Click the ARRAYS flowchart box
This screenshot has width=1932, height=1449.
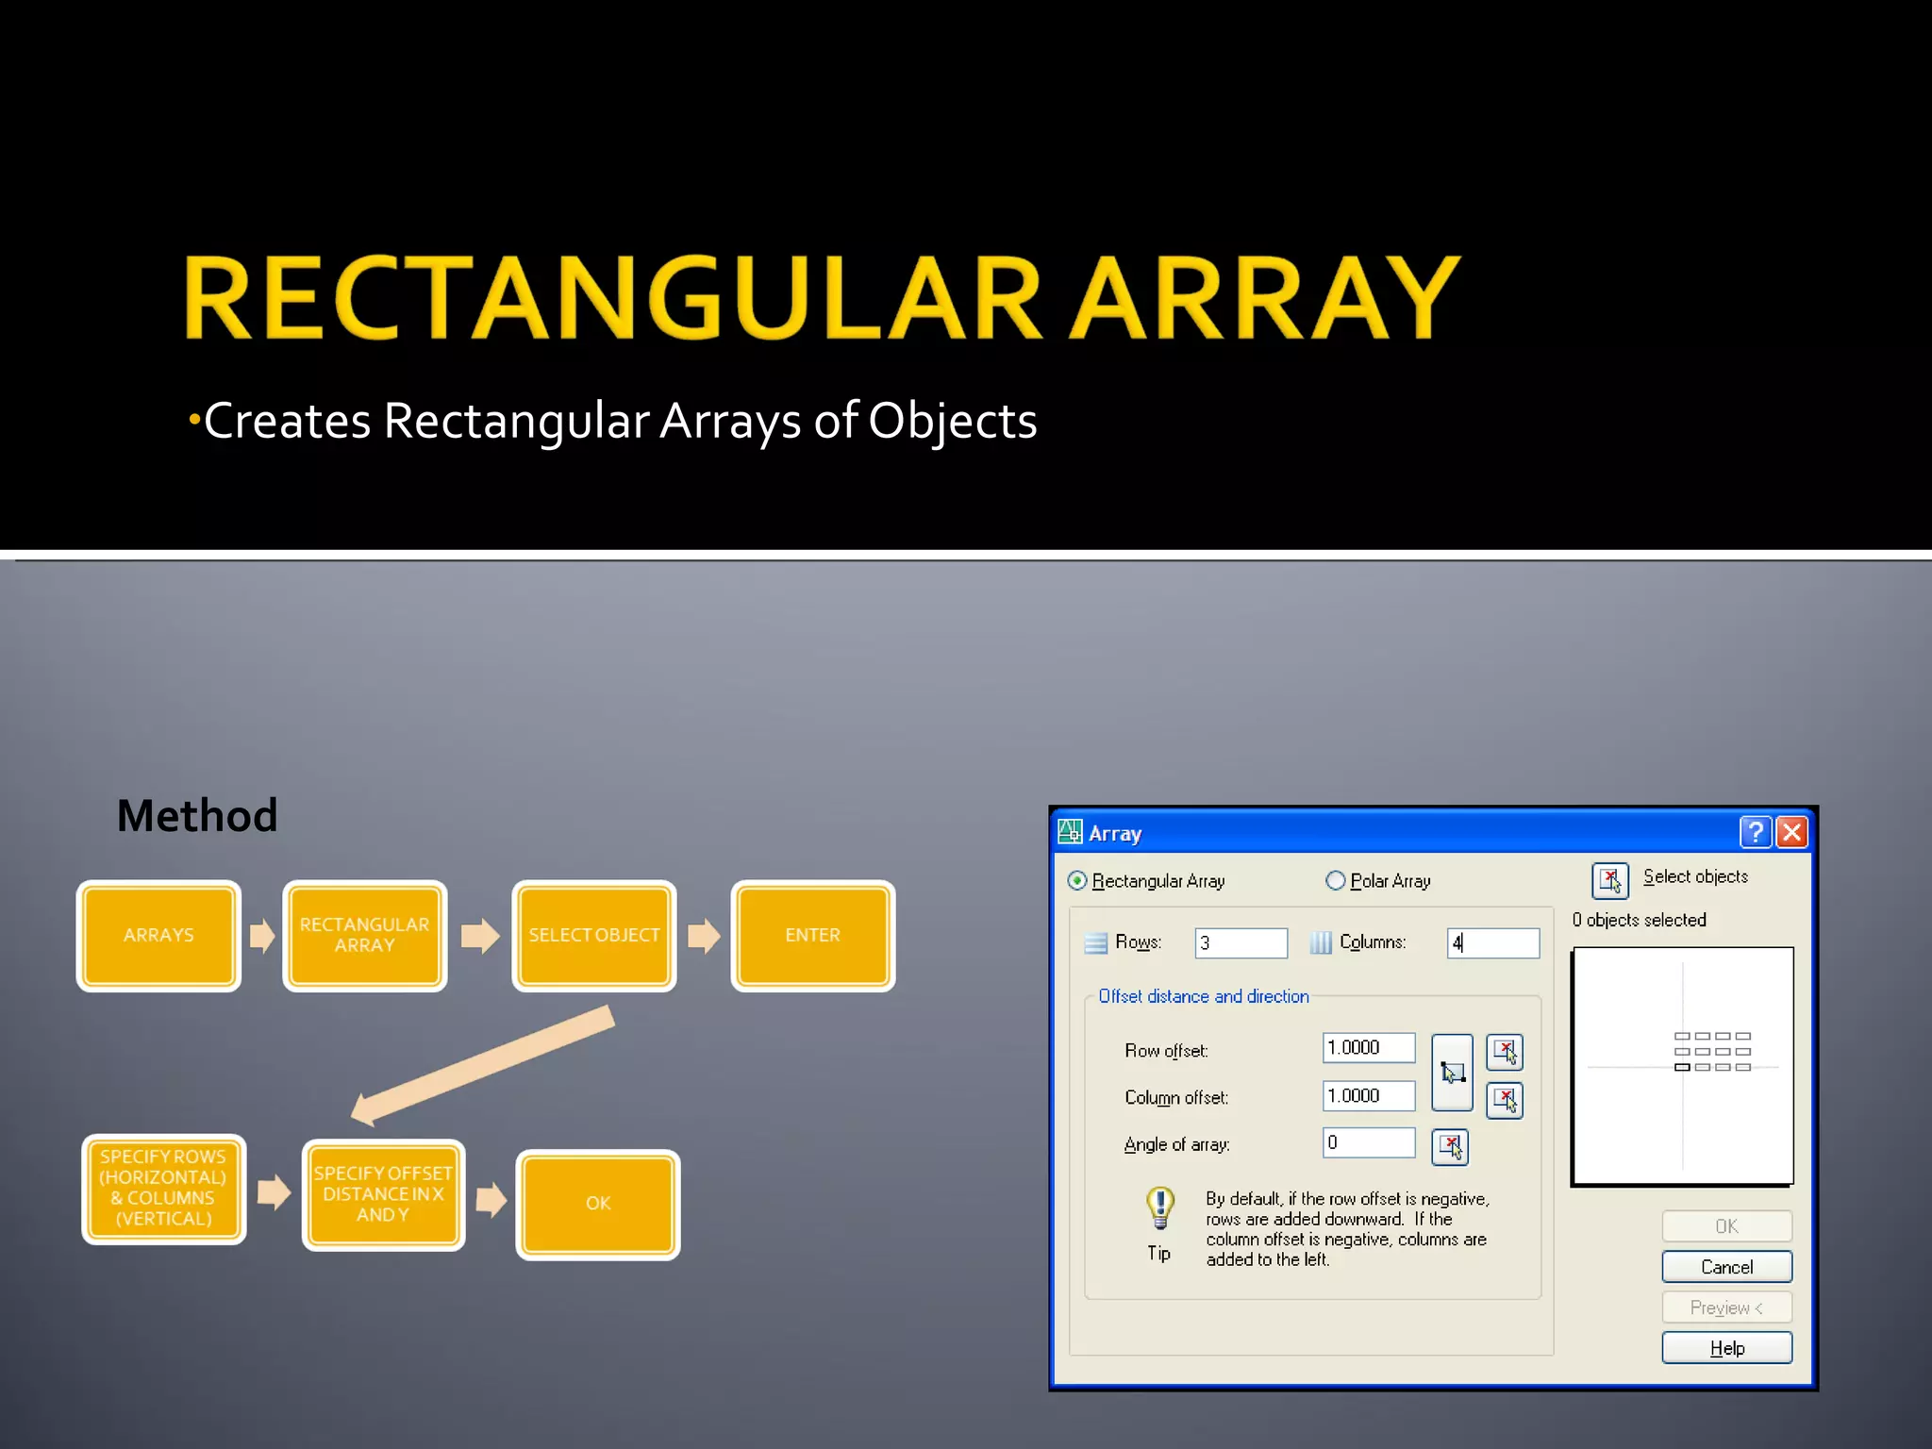158,935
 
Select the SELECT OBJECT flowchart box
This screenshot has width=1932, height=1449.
593,935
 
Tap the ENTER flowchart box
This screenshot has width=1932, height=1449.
812,935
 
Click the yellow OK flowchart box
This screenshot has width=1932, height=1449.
598,1204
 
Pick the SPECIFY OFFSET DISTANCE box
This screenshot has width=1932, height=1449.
383,1194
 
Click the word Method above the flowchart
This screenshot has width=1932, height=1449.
197,815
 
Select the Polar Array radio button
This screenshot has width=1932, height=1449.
1335,880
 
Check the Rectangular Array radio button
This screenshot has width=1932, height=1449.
1076,880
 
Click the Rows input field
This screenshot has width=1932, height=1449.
1241,942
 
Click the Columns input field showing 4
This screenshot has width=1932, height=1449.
1493,942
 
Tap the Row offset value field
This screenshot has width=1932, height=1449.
1368,1047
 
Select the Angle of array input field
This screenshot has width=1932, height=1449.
1368,1142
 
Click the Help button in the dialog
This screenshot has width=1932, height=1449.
1726,1347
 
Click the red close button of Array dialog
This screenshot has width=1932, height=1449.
1791,832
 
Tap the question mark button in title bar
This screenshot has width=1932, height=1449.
1755,832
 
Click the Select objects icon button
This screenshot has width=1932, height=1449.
1609,880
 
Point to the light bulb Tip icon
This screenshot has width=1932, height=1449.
1159,1207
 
